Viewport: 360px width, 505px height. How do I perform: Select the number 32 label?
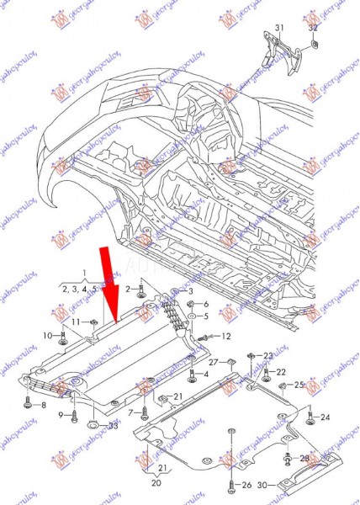coord(313,28)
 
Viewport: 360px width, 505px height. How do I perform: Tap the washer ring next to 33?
coord(94,423)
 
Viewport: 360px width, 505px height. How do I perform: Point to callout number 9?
coord(61,415)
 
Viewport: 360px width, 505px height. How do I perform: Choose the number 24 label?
coord(326,417)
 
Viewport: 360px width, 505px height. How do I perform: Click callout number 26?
coord(246,486)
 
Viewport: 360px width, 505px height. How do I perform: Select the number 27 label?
coord(214,361)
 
